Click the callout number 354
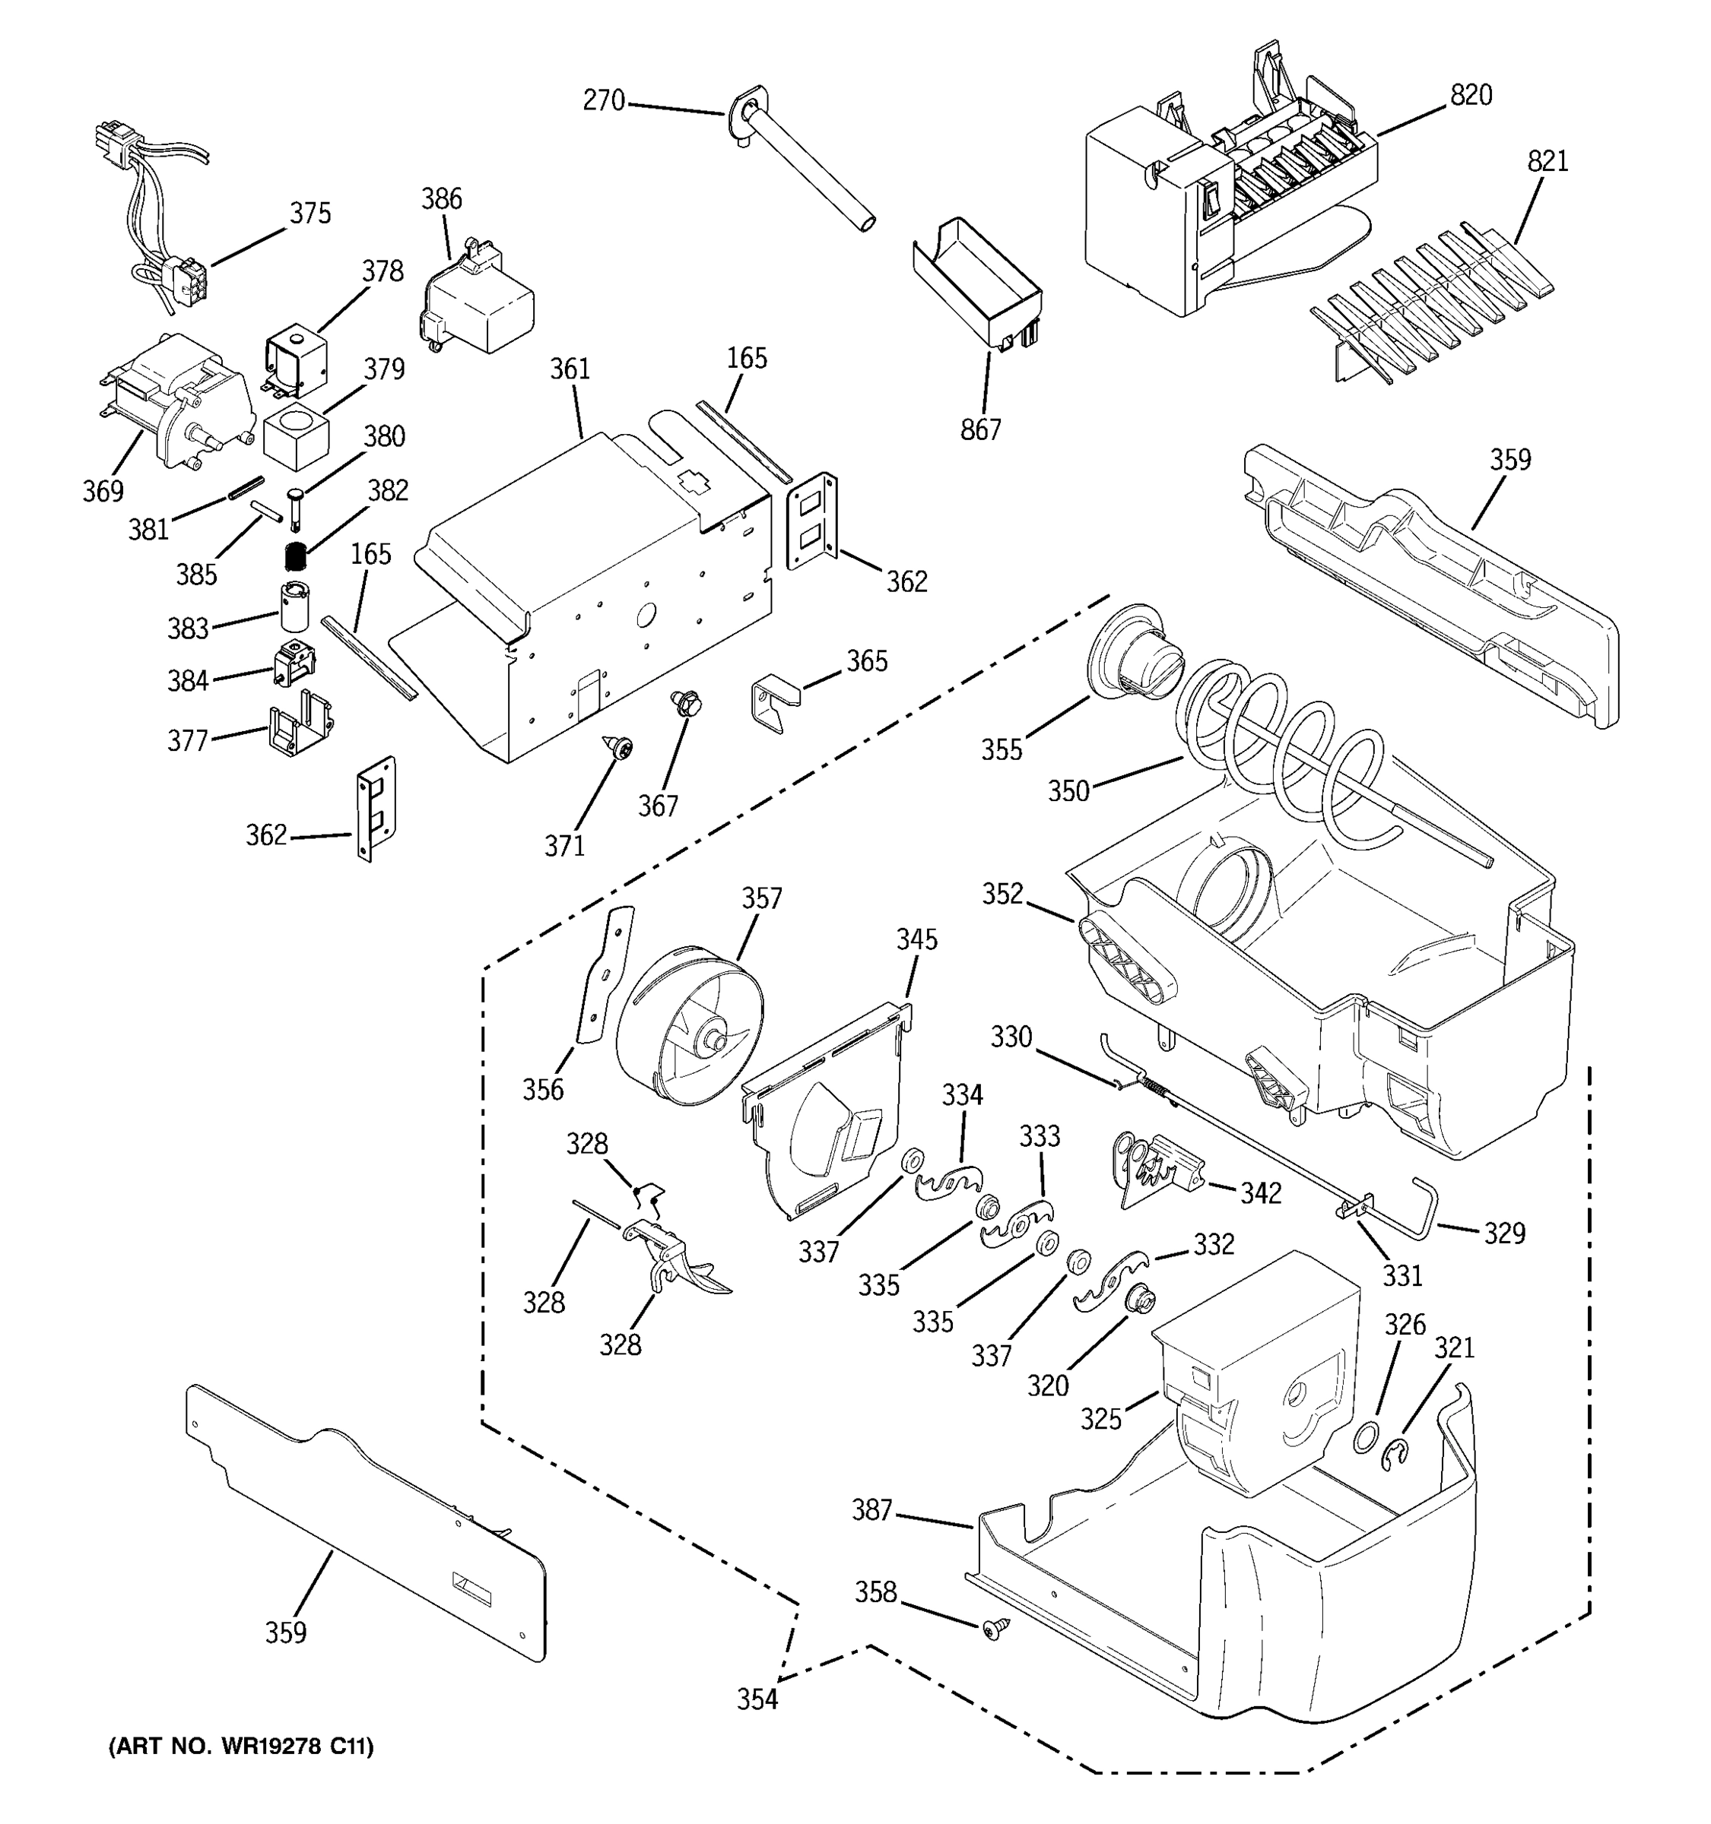pos(757,1700)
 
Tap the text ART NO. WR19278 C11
pos(241,1748)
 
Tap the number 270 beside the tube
pos(603,101)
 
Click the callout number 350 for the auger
pos(1068,791)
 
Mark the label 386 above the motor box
pos(442,199)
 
